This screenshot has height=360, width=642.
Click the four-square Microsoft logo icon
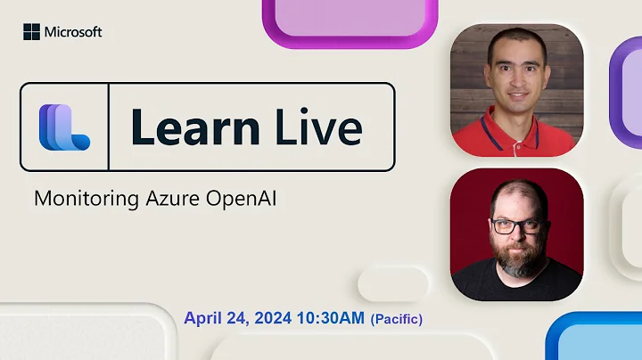pos(31,32)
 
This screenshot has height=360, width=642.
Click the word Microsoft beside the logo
pos(73,32)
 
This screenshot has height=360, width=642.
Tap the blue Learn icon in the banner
pos(63,127)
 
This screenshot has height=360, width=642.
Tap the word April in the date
pos(205,317)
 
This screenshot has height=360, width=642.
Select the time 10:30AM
pos(333,317)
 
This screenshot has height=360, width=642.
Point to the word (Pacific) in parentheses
pos(397,318)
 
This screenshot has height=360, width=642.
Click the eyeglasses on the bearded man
pos(516,225)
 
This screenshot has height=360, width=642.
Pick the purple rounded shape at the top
pos(350,20)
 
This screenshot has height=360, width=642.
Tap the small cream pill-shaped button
pos(393,284)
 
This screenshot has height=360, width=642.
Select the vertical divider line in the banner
pos(108,127)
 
